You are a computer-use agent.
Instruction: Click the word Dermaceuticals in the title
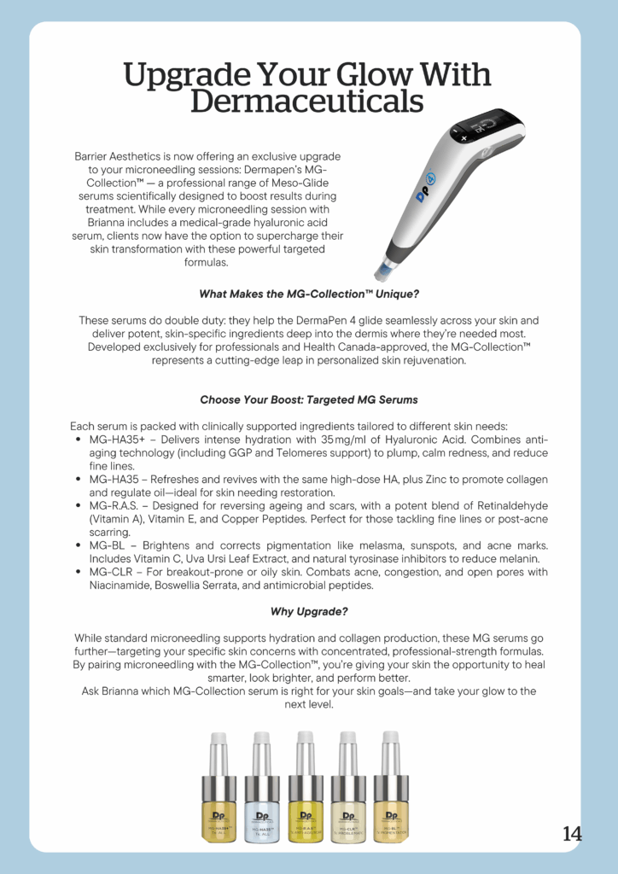tap(307, 102)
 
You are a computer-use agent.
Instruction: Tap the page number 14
tap(572, 834)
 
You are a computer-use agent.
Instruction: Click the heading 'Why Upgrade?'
tap(308, 611)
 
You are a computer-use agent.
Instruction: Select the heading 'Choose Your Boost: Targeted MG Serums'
tap(308, 399)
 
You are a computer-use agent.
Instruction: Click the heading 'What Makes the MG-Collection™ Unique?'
tap(308, 294)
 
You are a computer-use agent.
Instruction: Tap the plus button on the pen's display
tap(465, 137)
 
